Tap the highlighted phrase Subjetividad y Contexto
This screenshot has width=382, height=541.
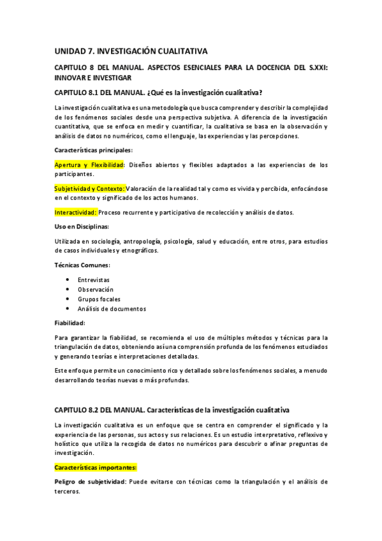[89, 188]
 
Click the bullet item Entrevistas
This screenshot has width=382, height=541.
[94, 280]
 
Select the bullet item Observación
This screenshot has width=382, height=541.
[96, 290]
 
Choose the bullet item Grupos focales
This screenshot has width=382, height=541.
[99, 299]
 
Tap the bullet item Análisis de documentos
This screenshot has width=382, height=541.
[112, 309]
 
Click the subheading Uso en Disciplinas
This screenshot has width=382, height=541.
[82, 226]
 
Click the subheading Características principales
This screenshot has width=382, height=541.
[94, 150]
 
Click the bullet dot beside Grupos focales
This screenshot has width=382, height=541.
[68, 299]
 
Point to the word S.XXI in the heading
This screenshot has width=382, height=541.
[315, 68]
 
